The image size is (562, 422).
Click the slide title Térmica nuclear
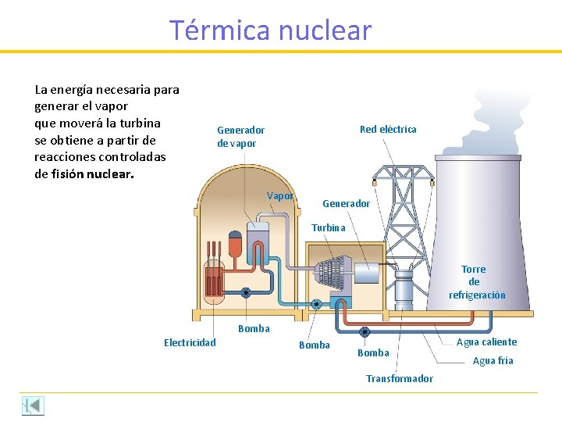point(271,30)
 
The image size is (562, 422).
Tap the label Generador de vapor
point(240,137)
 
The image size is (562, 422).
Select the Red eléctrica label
point(388,129)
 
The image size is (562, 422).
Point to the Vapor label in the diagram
point(280,196)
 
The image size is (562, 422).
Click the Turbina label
point(328,228)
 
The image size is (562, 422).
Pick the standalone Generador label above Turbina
point(346,204)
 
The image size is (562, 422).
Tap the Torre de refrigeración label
point(476,282)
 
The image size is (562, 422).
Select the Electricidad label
point(190,342)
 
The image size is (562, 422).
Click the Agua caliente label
point(486,342)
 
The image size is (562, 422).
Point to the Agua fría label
point(493,361)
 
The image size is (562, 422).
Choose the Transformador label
point(400,379)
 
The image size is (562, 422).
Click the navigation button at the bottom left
point(33,406)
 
